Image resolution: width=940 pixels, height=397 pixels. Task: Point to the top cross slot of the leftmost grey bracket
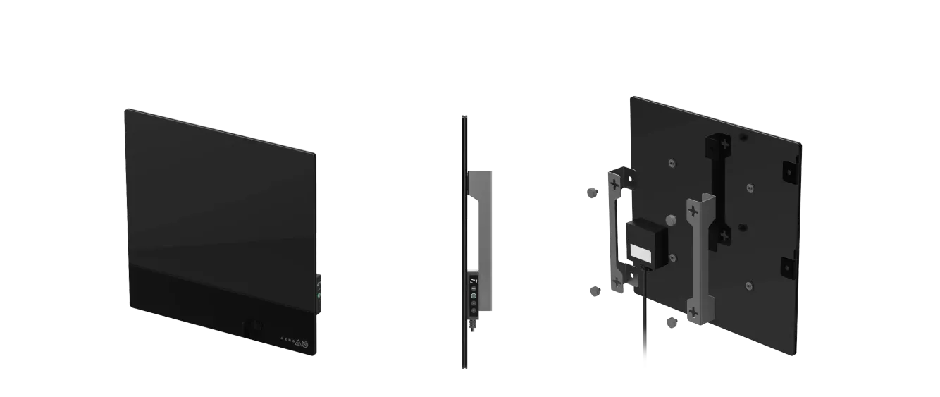[x=615, y=185]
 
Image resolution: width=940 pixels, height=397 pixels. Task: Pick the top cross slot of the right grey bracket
[x=693, y=210]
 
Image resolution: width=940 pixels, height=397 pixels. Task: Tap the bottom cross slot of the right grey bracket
[x=694, y=312]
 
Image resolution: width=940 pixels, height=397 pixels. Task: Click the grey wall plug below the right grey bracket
[x=671, y=322]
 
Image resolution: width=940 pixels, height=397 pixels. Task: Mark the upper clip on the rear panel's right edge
[x=787, y=170]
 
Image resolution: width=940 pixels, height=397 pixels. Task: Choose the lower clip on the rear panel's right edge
[x=787, y=267]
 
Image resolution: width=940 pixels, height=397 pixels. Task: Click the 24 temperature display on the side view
[x=473, y=280]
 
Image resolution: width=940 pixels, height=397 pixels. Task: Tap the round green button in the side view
[x=473, y=296]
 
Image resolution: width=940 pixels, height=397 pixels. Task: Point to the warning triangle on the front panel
[x=297, y=342]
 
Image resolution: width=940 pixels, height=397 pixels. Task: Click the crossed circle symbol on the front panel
[x=305, y=343]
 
